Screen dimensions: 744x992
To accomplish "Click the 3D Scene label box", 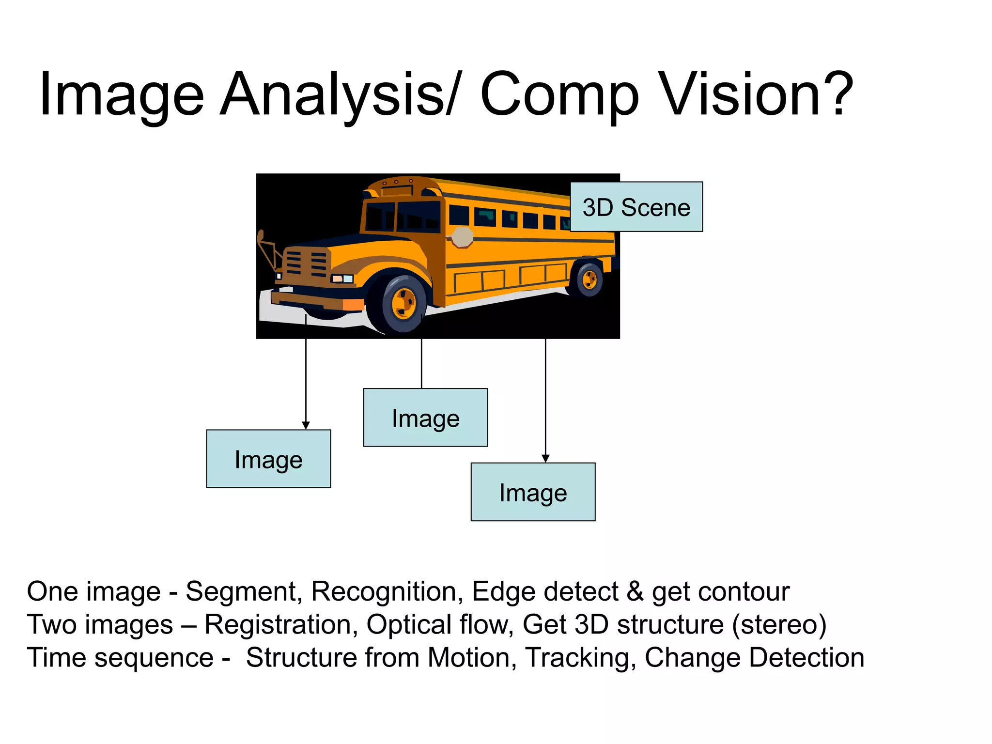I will [x=636, y=207].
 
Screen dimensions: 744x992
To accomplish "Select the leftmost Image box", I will [x=268, y=459].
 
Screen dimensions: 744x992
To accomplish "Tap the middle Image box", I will [x=425, y=418].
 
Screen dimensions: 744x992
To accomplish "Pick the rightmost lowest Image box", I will [x=533, y=492].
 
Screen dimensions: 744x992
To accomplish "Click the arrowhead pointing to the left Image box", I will [x=306, y=425].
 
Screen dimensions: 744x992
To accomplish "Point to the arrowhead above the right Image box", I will [x=545, y=458].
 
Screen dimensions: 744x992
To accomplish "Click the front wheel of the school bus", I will [x=403, y=304].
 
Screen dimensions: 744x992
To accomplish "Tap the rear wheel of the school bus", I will [x=589, y=279].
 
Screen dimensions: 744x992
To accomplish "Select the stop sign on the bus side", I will [x=462, y=237].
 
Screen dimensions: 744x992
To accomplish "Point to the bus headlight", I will [x=342, y=279].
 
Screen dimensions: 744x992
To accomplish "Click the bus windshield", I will [x=402, y=217].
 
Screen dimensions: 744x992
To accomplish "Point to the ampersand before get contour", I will [x=635, y=591].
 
